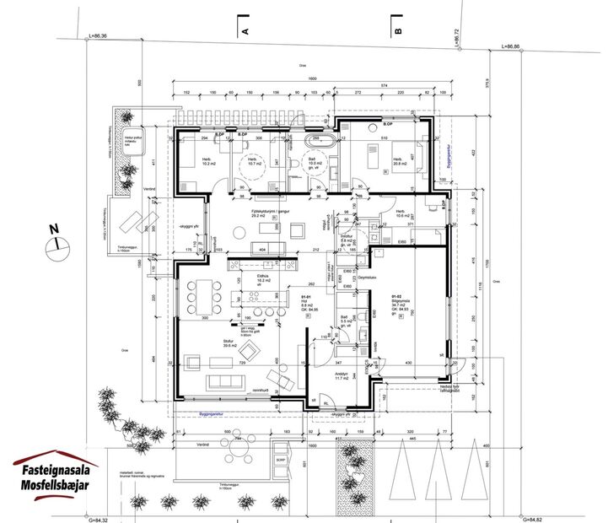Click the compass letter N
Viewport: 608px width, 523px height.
[53, 229]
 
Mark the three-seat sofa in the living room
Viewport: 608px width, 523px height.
[226, 381]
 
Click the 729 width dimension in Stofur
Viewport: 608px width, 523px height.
[241, 363]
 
